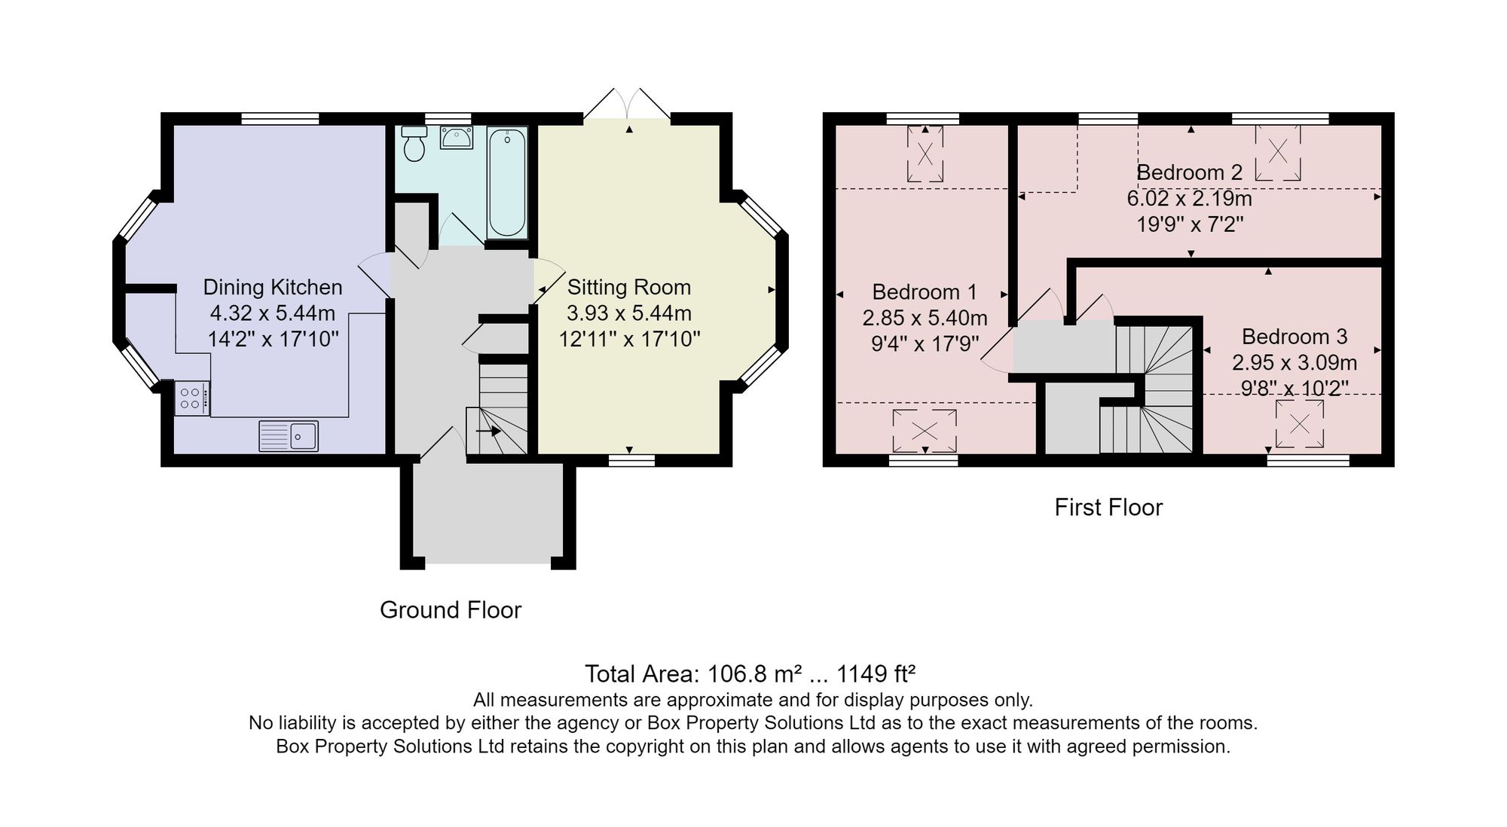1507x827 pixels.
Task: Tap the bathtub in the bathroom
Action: coord(507,182)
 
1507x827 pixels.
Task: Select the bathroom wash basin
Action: coord(457,138)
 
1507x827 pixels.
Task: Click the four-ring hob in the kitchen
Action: coord(191,398)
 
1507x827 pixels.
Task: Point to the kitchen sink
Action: coord(289,435)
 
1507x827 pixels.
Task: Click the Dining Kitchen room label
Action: coord(273,287)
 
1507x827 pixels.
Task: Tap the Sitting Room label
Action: coord(629,287)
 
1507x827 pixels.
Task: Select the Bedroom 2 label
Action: coord(1189,172)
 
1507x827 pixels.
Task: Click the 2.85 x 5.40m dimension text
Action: coord(925,318)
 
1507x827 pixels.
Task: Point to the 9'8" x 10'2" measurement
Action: coord(1295,389)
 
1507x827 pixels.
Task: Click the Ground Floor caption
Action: coord(451,609)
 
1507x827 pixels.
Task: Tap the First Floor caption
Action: coord(1108,507)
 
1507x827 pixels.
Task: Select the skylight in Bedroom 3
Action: coord(1300,423)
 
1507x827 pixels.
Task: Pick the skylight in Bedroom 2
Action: coord(1278,152)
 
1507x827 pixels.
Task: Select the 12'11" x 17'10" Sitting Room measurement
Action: coord(629,339)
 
